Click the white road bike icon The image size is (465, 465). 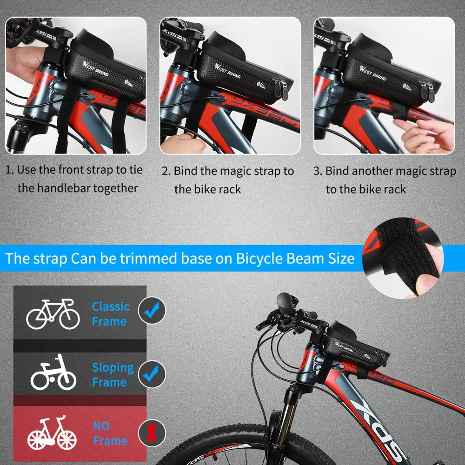coord(53,314)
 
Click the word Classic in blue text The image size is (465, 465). coord(110,306)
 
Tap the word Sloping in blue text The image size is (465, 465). coord(113,368)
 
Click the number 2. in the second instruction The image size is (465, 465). coord(166,171)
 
